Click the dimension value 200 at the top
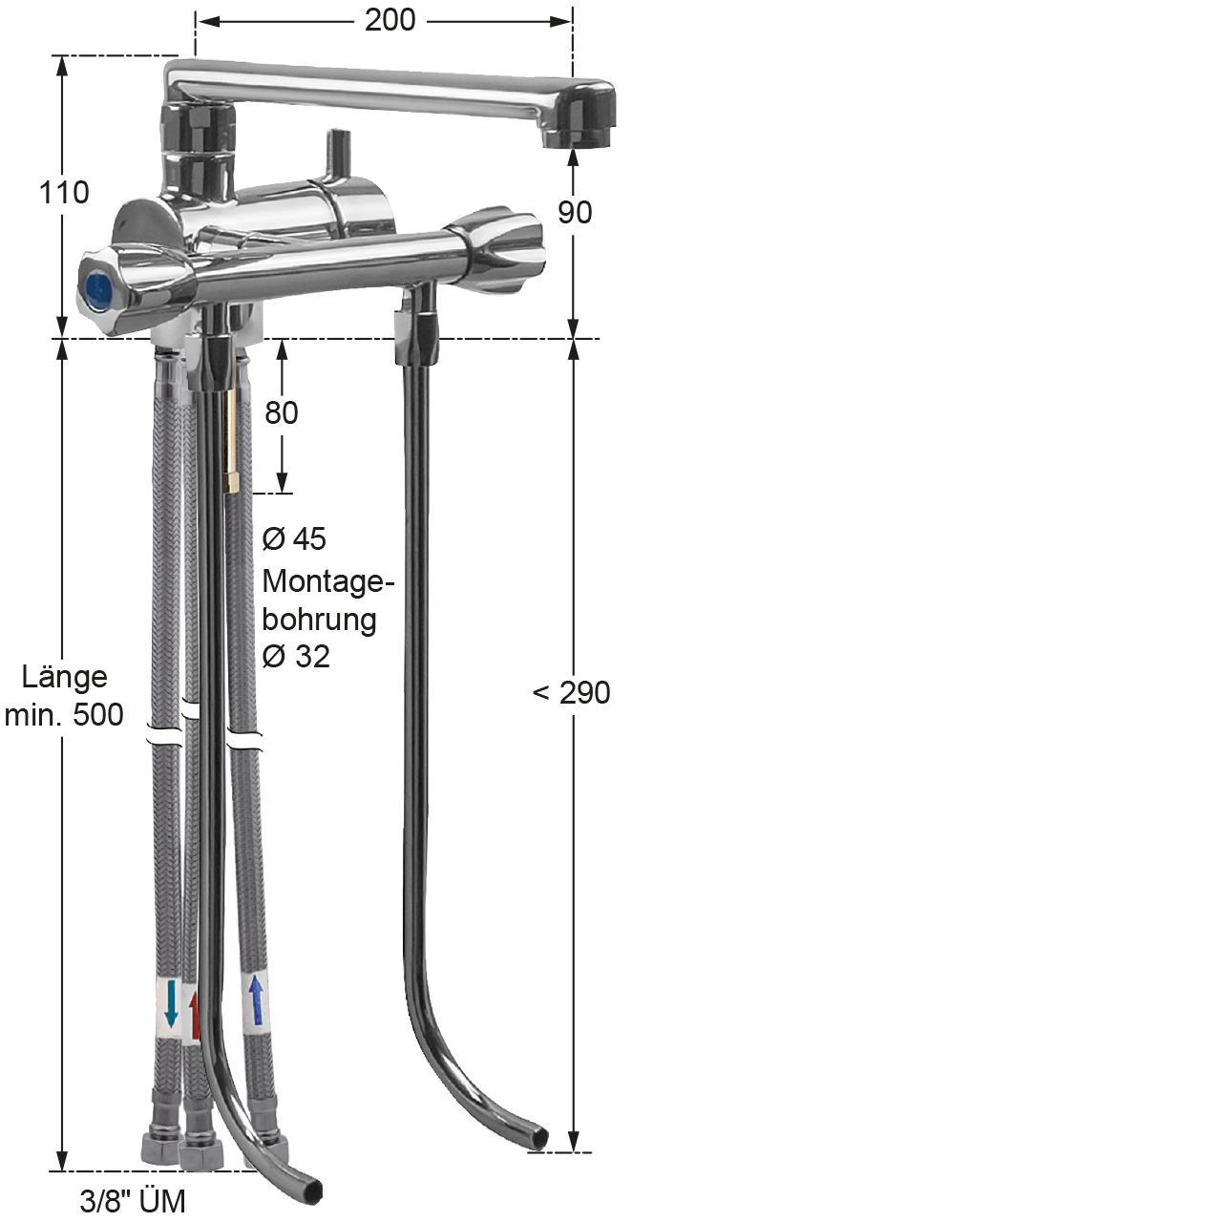pos(390,20)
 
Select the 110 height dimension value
pos(64,192)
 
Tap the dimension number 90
pos(575,213)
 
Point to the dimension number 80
pos(281,412)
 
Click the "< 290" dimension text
pos(571,692)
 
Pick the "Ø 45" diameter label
pos(294,539)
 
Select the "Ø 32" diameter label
pos(296,656)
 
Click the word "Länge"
pos(65,677)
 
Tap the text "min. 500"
pos(64,715)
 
